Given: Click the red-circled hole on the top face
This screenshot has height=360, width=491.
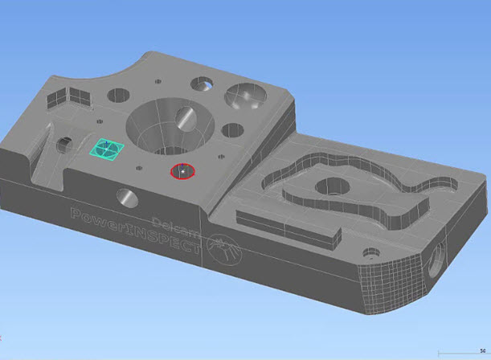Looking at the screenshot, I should (182, 171).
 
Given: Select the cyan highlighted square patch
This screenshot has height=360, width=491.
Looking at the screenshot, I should (105, 147).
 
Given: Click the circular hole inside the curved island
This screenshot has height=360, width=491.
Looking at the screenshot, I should (332, 189).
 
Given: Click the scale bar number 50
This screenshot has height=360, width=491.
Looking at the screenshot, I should (481, 350).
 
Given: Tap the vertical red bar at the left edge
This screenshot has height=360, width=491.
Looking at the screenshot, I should (1, 333).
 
